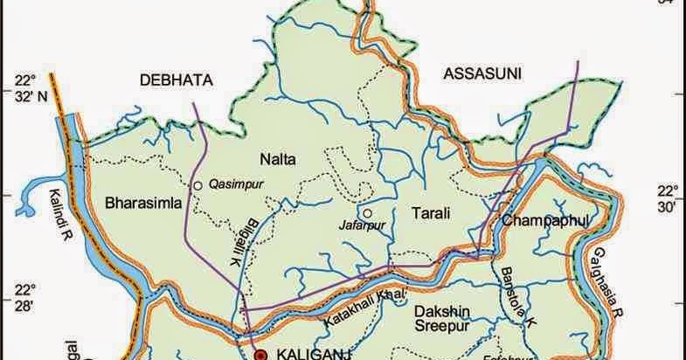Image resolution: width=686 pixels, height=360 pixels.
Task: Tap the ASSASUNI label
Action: [482, 73]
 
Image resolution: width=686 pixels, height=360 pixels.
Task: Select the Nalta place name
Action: [278, 159]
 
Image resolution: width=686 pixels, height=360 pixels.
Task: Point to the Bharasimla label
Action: [142, 204]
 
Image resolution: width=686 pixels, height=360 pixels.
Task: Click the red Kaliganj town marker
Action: [260, 355]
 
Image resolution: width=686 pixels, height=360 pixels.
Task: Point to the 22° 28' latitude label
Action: [32, 297]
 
